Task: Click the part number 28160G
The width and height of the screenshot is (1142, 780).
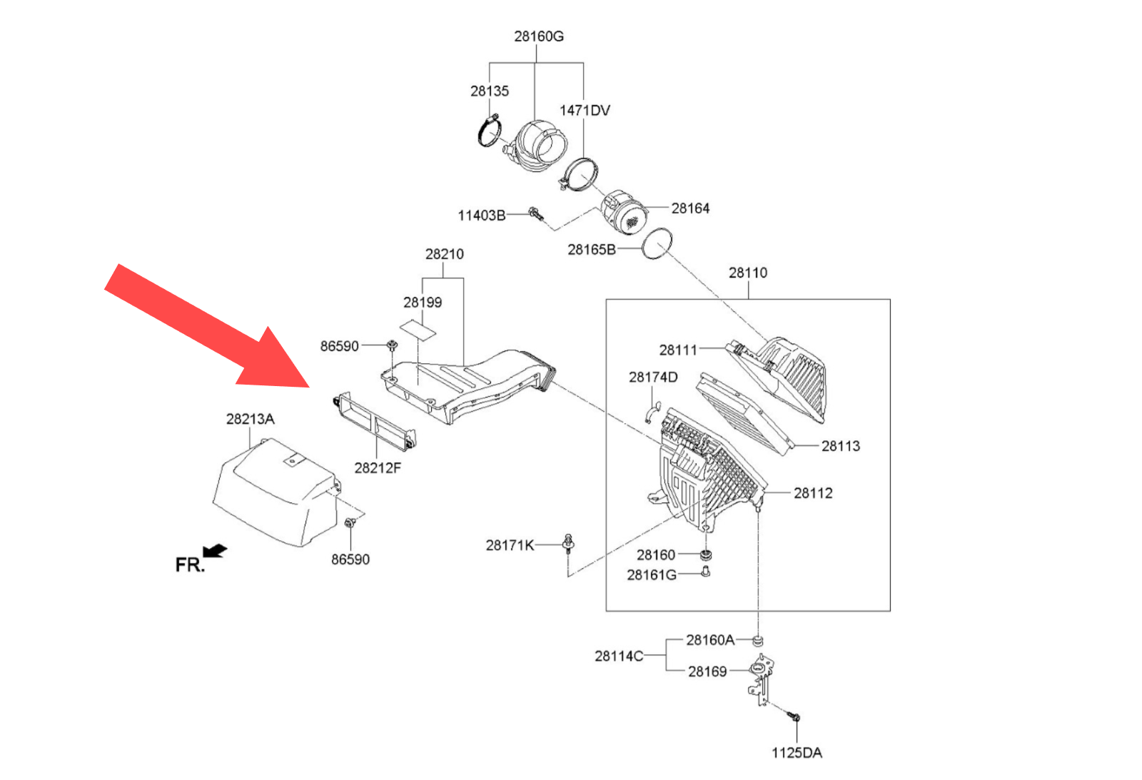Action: point(538,36)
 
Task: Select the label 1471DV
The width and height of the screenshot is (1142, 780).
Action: point(585,111)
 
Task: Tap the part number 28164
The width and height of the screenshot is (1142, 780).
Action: point(690,208)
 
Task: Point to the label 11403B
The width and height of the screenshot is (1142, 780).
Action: point(481,216)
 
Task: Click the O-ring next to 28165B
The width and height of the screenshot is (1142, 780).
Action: point(657,244)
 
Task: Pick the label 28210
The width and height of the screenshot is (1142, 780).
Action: point(444,254)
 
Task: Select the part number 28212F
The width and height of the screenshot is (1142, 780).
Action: point(378,468)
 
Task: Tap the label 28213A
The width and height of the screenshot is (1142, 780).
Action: point(250,420)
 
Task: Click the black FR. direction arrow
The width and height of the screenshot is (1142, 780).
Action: point(215,551)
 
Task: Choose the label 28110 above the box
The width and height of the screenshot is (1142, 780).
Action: point(748,273)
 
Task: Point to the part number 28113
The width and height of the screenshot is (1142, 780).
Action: point(840,447)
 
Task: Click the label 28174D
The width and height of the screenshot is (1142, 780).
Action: point(653,378)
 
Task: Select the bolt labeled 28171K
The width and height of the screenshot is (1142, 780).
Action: point(568,544)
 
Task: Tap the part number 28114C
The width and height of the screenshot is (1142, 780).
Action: point(619,656)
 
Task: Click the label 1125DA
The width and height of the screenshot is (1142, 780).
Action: point(797,753)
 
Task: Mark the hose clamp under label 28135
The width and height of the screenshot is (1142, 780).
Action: point(490,131)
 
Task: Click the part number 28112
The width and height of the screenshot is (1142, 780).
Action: point(813,493)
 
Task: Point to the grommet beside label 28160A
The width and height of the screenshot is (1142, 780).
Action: point(758,639)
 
